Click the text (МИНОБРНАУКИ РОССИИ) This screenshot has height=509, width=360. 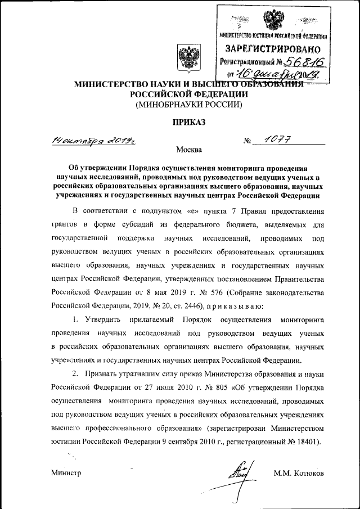[186, 104]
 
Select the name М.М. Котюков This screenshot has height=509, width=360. [299, 472]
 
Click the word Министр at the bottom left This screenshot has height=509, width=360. [66, 472]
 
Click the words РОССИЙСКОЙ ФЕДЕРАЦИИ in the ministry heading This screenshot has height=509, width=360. [186, 94]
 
